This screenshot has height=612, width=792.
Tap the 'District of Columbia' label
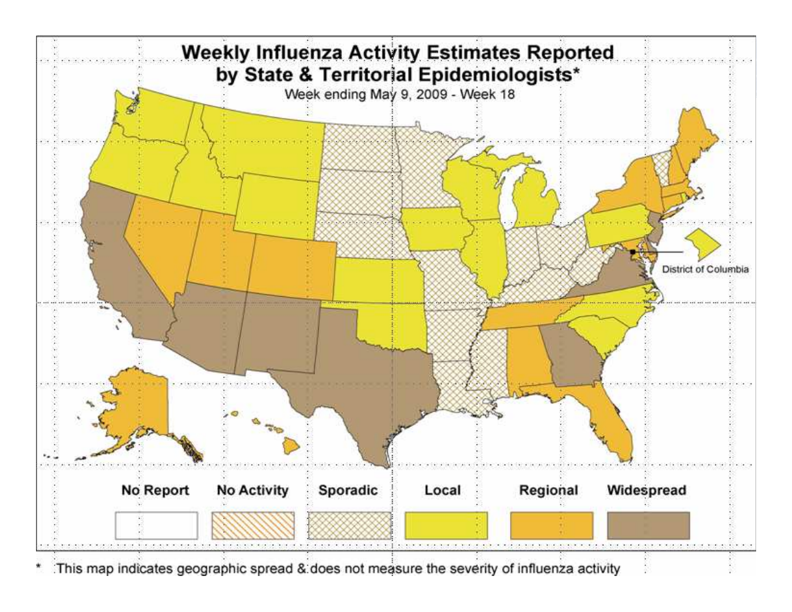705,270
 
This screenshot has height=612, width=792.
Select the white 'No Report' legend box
155,525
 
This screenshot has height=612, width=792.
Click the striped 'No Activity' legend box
253,525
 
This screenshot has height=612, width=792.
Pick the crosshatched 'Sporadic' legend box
351,525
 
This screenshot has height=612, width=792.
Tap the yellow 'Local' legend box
447,525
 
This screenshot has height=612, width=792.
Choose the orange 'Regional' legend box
551,525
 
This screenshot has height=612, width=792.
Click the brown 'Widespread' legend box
649,525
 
